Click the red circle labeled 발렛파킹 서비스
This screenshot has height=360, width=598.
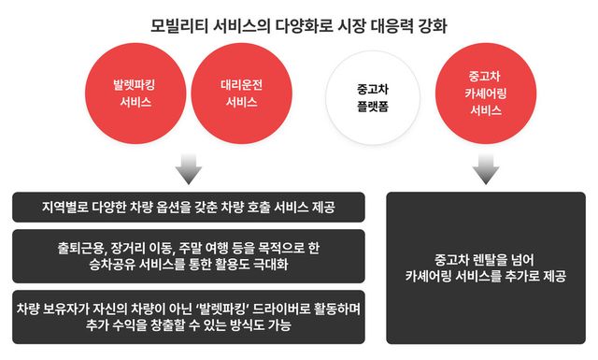coord(130,94)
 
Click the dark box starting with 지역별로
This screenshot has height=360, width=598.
coord(190,206)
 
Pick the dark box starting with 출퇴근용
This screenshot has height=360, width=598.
coord(190,255)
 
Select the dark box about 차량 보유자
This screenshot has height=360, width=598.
coord(190,315)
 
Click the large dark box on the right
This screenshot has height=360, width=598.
coord(485,268)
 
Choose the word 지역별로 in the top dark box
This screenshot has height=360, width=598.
coord(68,206)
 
